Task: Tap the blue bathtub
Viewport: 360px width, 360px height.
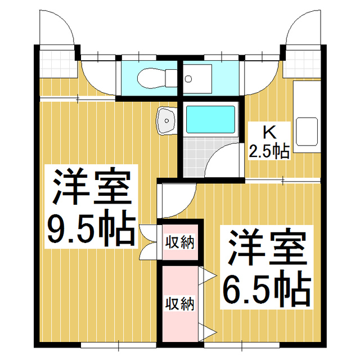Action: [210, 119]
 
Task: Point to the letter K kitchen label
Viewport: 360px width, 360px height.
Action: [269, 133]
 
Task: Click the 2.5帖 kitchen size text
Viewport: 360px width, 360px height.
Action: [269, 151]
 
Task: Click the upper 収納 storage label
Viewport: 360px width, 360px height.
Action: [179, 243]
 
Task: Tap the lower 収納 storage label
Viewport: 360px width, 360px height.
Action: [179, 303]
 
